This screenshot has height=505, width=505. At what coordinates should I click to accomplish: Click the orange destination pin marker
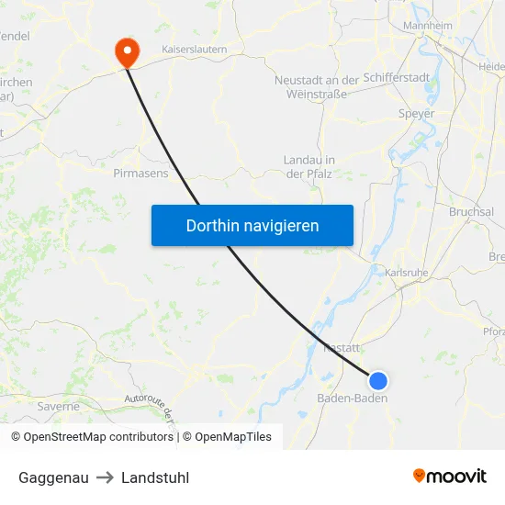point(125,50)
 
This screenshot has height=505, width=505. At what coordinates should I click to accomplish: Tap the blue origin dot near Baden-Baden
point(377,380)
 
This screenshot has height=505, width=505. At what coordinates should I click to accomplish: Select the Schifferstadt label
point(410,78)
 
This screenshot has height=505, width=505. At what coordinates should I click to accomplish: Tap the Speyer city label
point(416,114)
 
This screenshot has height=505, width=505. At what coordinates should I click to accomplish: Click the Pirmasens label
point(140,172)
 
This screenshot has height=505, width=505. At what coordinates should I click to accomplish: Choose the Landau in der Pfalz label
point(309,166)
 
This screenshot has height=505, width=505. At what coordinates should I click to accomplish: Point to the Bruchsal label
point(471,211)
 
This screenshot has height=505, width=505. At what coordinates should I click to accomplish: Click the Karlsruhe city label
point(407,273)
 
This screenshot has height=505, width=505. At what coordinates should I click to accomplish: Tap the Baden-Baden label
point(352,398)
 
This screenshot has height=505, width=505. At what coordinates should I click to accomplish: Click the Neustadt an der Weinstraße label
point(317,87)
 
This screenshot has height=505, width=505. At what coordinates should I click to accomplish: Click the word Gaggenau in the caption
point(53,477)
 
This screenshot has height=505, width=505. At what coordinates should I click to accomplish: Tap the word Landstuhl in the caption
point(155,477)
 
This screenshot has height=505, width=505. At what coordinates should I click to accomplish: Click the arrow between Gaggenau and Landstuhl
point(105,477)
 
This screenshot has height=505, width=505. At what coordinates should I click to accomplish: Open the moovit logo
point(450,476)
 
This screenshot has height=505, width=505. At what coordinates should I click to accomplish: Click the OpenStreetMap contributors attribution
point(92,437)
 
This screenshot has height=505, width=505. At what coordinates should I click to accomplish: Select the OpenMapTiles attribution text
point(233,437)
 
